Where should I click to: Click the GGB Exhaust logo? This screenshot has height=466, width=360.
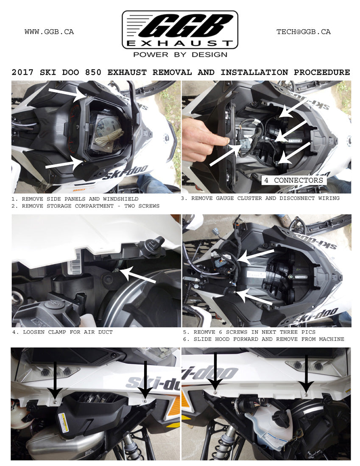(180, 30)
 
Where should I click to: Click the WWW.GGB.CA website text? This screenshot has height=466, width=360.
(49, 32)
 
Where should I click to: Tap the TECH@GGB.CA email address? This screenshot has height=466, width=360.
(303, 32)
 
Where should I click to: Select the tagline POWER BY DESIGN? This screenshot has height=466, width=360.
(180, 55)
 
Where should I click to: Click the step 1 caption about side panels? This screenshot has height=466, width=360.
(75, 198)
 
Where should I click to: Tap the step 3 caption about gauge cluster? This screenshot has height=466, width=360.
(260, 198)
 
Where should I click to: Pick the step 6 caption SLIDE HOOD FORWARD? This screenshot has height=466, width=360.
(263, 339)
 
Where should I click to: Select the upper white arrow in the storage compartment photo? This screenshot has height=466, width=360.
(66, 94)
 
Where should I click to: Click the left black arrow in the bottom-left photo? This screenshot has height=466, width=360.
(55, 377)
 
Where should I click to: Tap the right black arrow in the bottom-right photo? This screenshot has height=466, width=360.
(306, 375)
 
